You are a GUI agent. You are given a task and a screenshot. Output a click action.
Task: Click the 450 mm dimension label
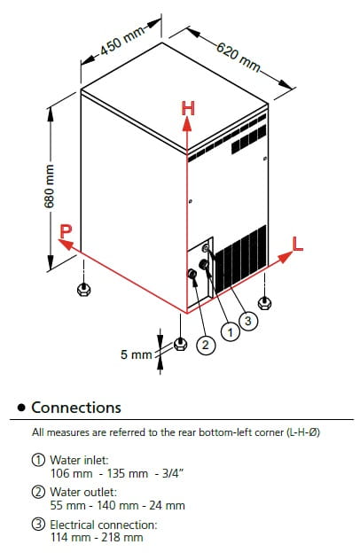[122, 40]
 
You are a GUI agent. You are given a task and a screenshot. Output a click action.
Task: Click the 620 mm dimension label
[239, 57]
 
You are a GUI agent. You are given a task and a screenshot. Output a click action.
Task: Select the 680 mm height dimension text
[49, 186]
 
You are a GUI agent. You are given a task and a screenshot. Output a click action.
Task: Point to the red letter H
[188, 108]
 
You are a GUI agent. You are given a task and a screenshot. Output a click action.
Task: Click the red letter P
[66, 231]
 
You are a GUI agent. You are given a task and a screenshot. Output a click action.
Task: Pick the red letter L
[297, 244]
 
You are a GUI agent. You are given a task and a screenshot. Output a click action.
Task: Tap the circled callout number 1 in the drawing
[231, 332]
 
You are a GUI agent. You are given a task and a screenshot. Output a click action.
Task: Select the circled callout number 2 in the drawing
[206, 345]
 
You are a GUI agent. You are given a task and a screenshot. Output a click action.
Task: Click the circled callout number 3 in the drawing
[248, 321]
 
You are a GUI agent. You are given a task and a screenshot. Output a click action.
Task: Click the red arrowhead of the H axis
[186, 124]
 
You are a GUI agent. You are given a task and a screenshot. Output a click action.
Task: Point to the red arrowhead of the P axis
[65, 245]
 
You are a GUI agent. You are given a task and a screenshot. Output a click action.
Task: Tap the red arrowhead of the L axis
[286, 257]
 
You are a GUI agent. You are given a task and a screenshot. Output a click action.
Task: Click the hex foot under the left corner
[83, 289]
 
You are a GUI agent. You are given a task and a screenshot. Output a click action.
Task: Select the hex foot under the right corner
[264, 303]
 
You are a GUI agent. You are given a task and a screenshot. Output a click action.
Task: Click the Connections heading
[76, 408]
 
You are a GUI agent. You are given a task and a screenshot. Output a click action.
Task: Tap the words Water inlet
[79, 460]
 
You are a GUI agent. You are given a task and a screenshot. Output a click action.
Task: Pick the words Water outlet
[83, 492]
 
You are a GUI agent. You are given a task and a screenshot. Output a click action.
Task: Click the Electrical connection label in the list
[104, 525]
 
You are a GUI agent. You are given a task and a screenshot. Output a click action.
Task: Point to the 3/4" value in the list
[172, 473]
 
